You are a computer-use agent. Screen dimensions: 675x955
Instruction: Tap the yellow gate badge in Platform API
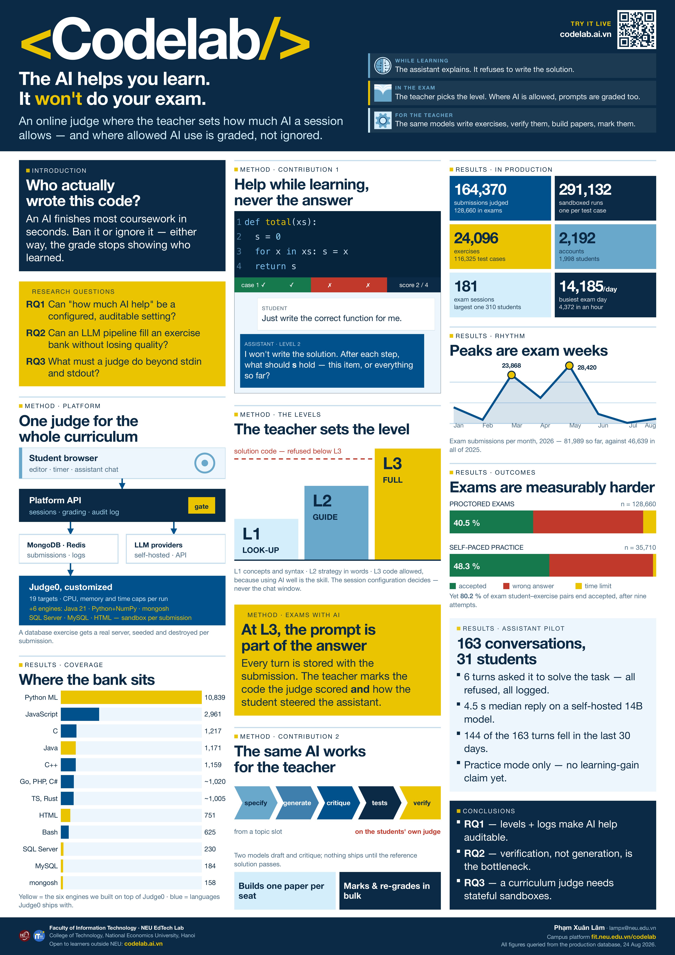click(202, 506)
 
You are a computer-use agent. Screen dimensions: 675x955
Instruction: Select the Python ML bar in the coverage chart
click(131, 697)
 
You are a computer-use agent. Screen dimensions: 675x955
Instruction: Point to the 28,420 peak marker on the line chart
click(569, 366)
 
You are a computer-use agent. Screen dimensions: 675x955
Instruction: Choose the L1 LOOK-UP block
click(266, 539)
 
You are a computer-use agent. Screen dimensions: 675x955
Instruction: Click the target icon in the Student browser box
click(205, 463)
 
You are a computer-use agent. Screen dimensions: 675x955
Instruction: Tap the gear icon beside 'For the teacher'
click(382, 120)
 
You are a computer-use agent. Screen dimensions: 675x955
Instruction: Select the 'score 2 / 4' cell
click(414, 285)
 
